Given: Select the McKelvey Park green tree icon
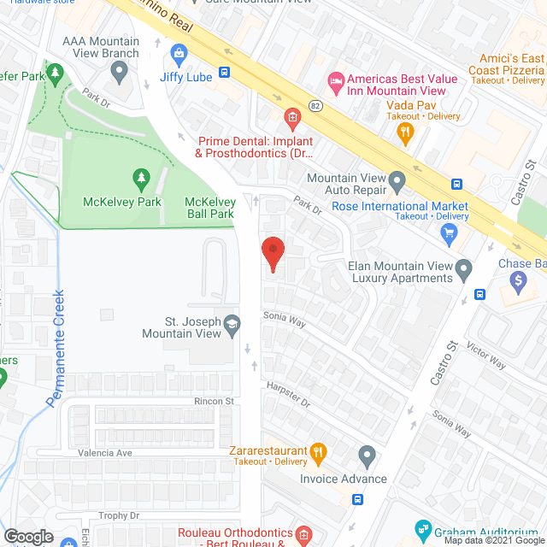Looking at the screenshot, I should [x=141, y=179].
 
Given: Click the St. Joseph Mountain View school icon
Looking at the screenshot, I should [x=232, y=323].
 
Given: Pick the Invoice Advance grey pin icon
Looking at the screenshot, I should [x=368, y=455].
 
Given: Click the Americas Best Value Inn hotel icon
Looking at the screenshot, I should [x=337, y=81].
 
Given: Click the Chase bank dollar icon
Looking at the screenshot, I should [x=518, y=279].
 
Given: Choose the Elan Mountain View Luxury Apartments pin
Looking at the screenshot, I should [x=463, y=271].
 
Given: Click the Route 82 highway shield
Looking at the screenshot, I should [x=315, y=105].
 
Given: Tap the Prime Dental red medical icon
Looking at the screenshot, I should [x=292, y=117].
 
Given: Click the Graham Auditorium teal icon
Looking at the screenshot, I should [x=421, y=527].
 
